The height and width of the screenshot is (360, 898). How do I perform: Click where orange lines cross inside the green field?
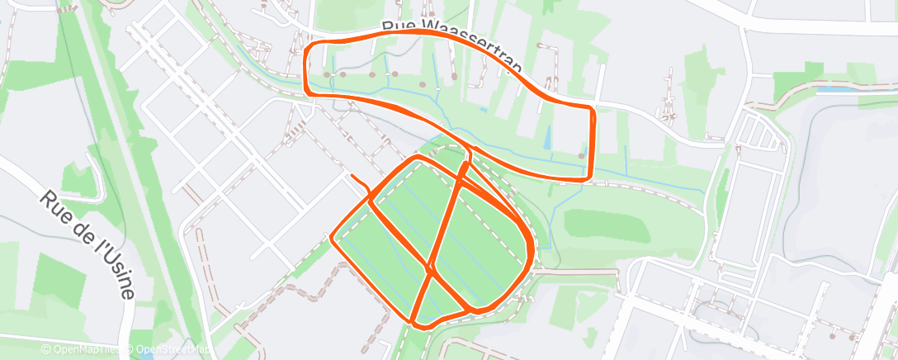coord(430,269)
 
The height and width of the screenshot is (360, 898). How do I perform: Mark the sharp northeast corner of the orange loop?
coord(591,109)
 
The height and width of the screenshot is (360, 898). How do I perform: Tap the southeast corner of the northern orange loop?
coord(587,176)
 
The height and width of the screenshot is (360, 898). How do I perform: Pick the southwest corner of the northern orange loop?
coord(310,92)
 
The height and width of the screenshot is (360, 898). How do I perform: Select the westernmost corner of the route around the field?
coord(333,239)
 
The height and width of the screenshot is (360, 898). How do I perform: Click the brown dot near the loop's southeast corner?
coord(581,154)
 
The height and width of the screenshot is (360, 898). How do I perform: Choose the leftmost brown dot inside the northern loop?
coord(328,75)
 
